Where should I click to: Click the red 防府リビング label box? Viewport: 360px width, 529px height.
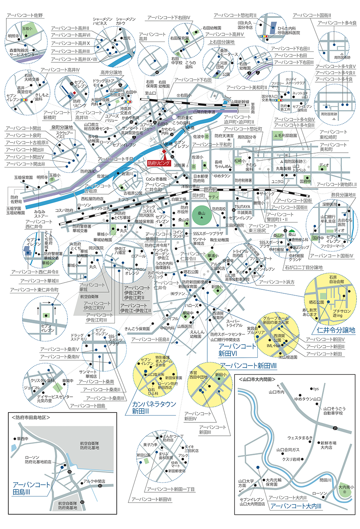[159, 163]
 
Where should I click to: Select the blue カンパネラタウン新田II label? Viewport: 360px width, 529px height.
[154, 407]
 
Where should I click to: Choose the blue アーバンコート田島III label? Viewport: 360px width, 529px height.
[31, 488]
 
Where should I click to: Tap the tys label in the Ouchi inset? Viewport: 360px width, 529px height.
[316, 389]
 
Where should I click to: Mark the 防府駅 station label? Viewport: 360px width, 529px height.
[210, 190]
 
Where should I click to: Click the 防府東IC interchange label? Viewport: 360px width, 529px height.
[185, 118]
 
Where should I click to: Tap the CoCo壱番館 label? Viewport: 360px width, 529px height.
[156, 179]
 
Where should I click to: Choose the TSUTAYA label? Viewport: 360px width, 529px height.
[242, 206]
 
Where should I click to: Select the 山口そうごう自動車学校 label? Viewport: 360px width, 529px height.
[334, 411]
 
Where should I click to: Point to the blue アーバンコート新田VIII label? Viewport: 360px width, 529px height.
[248, 366]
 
